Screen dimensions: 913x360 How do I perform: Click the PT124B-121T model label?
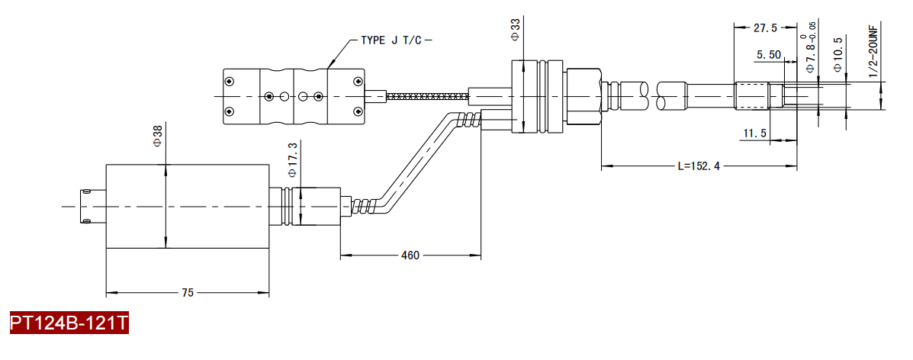(69, 323)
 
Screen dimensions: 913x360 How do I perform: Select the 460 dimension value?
(410, 256)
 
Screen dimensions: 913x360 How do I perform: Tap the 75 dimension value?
(187, 293)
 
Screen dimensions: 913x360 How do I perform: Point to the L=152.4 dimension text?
(699, 166)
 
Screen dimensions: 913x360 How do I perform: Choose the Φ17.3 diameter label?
(292, 159)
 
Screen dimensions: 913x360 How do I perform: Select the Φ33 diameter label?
(515, 29)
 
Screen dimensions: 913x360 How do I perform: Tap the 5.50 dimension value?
(768, 55)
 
